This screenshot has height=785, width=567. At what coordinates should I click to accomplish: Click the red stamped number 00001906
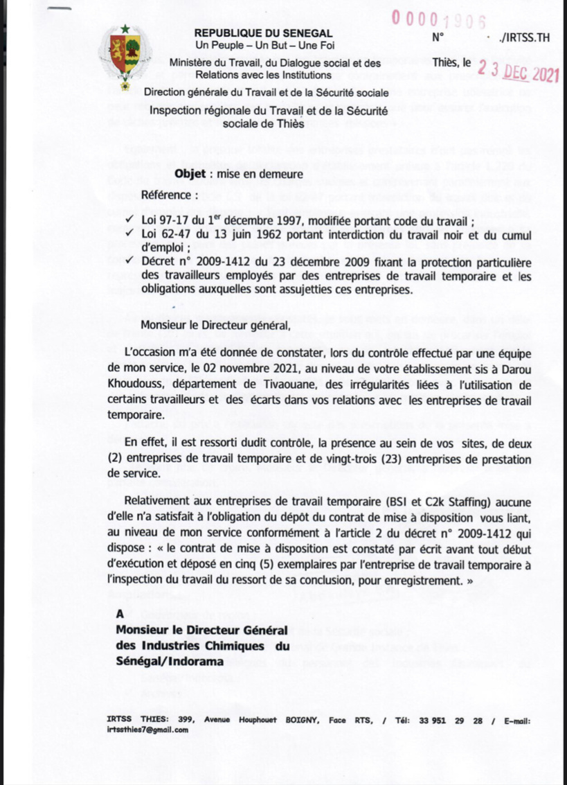438,19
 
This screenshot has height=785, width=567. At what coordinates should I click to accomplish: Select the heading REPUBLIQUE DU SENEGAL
262,33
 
